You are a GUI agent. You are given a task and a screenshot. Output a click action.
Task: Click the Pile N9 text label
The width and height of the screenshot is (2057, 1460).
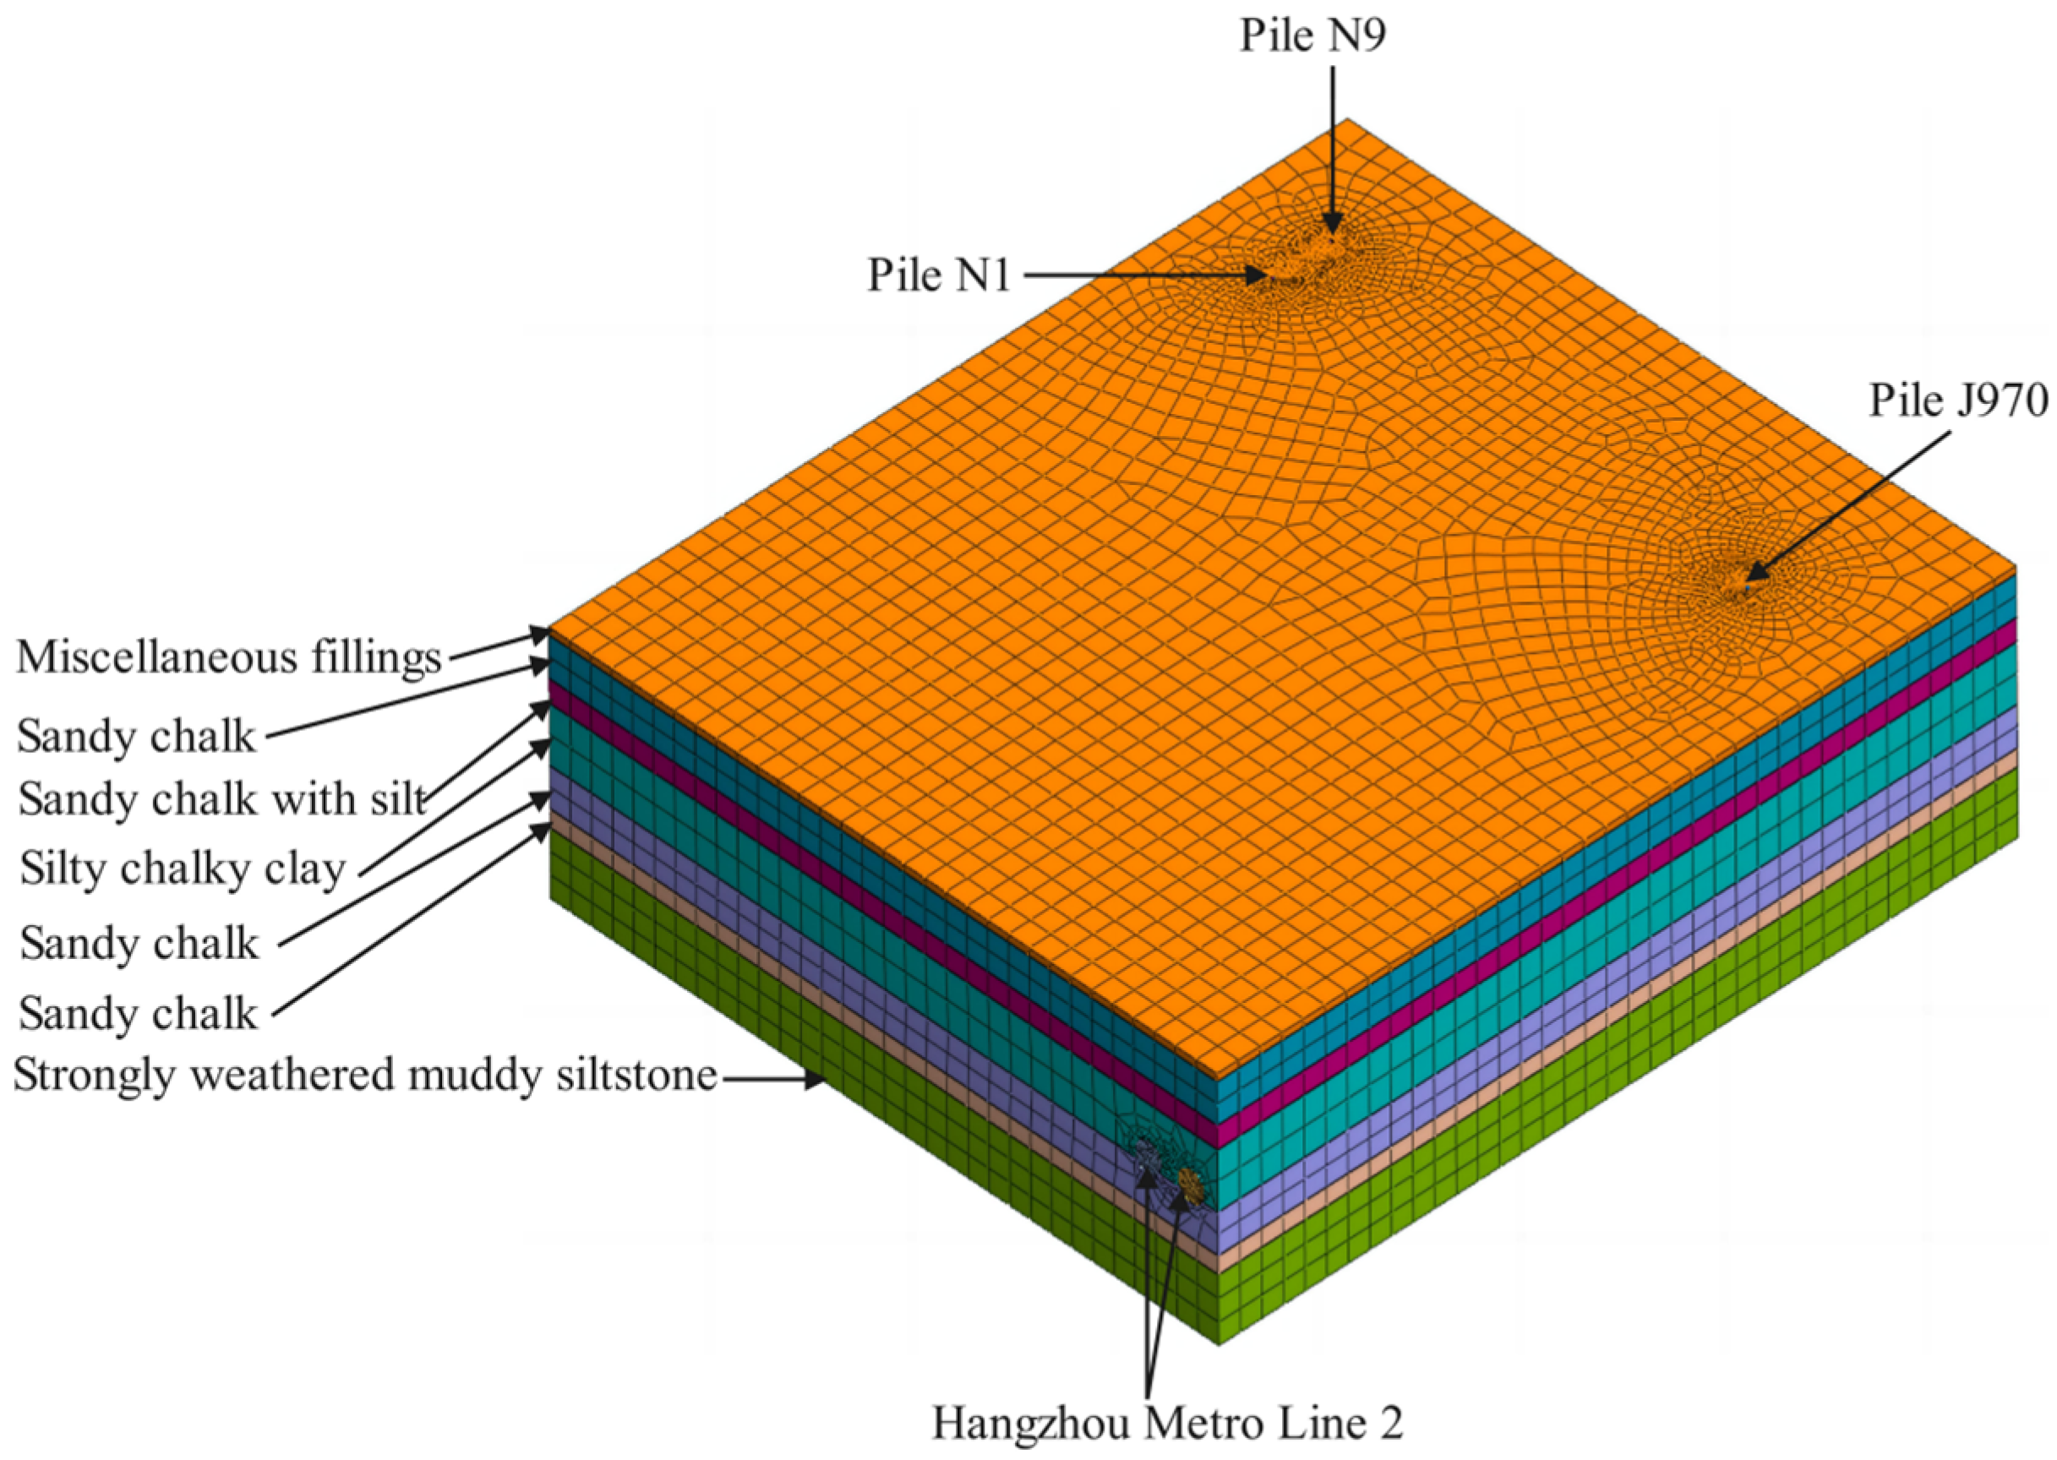coord(1313,37)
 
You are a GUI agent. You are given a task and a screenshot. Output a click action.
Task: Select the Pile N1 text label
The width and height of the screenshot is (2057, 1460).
coord(939,275)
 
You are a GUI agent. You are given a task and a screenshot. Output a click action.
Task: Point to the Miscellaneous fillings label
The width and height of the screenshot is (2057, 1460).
coord(229,657)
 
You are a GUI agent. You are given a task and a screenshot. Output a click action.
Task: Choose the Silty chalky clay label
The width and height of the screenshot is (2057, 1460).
coord(183,869)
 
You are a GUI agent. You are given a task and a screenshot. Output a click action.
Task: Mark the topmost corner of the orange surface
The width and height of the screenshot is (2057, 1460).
coord(1346,120)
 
